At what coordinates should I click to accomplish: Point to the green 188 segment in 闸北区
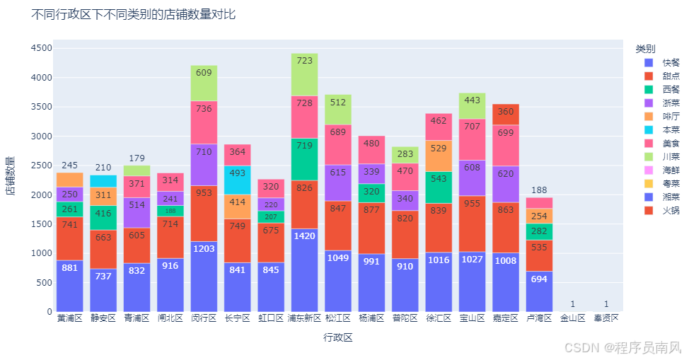click(170, 211)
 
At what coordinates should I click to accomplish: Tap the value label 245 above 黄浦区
click(69, 165)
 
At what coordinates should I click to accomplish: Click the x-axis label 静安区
click(103, 319)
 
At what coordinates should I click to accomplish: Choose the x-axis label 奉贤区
click(607, 319)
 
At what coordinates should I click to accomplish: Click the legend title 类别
click(645, 49)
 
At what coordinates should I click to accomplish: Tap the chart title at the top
click(134, 14)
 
